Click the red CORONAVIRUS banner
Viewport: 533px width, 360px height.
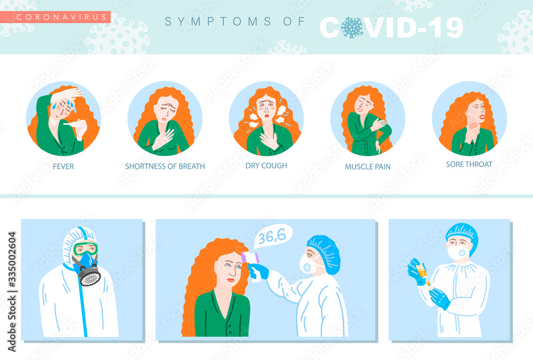[x=55, y=17]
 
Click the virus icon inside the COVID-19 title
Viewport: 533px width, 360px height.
[x=352, y=28]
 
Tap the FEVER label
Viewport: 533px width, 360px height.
[x=63, y=166]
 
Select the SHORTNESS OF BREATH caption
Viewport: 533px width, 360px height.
[x=165, y=166]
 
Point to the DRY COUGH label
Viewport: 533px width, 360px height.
[x=266, y=166]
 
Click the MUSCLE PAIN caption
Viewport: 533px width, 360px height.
[x=368, y=167]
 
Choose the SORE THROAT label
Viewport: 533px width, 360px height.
[x=469, y=164]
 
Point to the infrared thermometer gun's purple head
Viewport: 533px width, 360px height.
[x=250, y=258]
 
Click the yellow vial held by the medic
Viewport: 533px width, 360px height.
[x=422, y=271]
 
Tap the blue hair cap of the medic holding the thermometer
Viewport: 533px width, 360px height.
[x=324, y=253]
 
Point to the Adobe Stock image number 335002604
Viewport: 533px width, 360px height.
[x=12, y=260]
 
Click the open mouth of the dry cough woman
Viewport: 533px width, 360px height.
[x=267, y=117]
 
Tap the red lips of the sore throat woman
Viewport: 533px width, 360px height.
[x=482, y=117]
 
